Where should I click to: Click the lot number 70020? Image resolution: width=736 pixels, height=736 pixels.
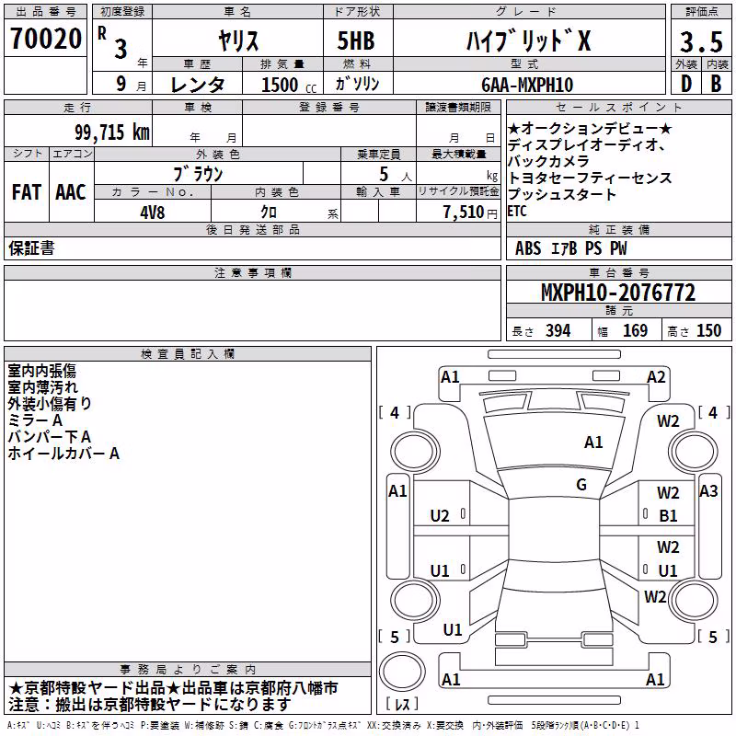(46, 39)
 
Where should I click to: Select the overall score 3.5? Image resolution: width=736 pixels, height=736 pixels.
(701, 41)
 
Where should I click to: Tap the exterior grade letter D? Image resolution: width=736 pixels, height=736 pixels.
(686, 84)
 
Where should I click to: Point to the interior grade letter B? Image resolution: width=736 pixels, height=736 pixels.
(716, 84)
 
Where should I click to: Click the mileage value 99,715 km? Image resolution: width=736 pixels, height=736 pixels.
(112, 132)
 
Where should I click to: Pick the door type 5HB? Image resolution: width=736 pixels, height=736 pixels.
(356, 40)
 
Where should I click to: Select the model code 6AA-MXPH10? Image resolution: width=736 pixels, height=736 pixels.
(527, 85)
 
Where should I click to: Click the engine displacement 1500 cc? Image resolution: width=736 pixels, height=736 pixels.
(289, 85)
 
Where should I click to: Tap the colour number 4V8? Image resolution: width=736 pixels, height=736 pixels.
(152, 213)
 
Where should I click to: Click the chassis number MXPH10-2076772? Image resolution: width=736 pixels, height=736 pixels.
(618, 293)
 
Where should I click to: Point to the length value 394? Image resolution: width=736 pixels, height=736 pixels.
(558, 331)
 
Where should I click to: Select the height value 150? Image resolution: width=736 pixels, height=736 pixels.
(708, 331)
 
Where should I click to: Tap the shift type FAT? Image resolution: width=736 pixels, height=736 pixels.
(27, 192)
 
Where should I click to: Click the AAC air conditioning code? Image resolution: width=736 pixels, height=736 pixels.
(71, 192)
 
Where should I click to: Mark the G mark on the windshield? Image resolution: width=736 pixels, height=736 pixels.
(581, 485)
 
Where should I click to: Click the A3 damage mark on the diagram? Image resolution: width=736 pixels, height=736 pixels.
(708, 491)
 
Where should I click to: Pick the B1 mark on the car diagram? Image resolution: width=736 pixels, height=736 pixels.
(668, 516)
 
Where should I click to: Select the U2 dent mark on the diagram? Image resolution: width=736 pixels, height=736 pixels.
(440, 516)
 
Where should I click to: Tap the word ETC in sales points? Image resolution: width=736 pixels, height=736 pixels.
(517, 212)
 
